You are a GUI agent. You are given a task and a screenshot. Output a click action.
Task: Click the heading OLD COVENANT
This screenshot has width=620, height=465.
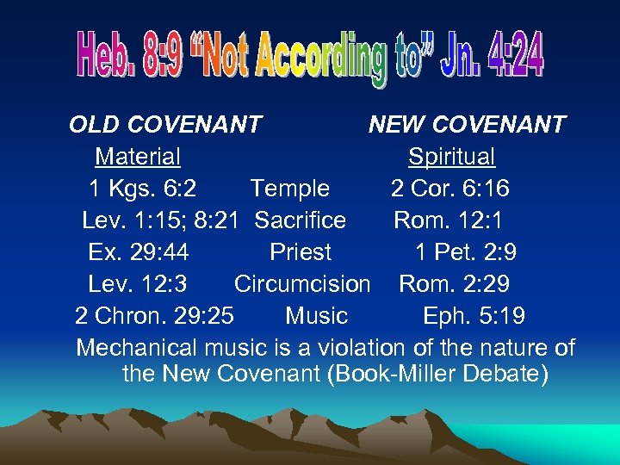165,125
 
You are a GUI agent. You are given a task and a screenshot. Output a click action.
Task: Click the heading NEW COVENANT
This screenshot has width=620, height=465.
467,125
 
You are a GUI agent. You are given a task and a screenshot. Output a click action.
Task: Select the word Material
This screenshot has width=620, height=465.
138,157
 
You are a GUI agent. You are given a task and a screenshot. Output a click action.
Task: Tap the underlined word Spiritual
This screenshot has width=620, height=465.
451,157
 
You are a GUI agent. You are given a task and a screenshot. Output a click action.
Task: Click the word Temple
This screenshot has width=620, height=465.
289,189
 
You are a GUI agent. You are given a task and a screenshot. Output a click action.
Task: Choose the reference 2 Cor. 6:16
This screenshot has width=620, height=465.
449,189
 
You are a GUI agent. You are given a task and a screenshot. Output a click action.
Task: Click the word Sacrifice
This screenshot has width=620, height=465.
301,220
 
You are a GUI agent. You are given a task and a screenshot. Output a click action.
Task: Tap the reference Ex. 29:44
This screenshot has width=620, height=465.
139,252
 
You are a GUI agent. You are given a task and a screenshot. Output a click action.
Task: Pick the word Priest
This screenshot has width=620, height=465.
300,252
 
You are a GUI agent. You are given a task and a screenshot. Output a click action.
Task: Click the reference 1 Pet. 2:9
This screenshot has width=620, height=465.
466,252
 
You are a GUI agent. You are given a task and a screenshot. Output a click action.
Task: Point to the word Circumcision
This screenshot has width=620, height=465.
302,284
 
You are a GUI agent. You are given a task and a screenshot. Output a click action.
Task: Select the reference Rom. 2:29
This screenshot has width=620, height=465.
454,284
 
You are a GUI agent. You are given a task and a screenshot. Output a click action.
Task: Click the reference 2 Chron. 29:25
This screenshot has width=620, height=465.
154,316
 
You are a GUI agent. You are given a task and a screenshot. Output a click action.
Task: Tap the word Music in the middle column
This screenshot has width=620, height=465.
316,316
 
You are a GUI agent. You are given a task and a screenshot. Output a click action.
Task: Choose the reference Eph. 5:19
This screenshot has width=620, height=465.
474,316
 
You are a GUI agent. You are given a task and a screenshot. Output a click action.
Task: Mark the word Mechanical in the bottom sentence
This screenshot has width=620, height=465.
138,348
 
